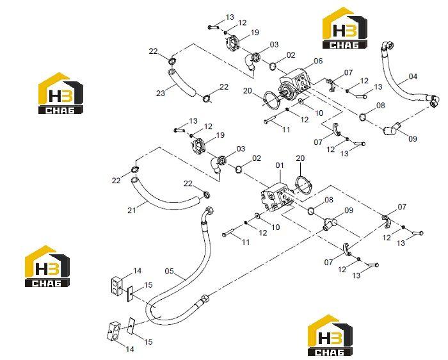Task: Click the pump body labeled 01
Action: pyautogui.click(x=276, y=197)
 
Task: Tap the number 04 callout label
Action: pyautogui.click(x=413, y=76)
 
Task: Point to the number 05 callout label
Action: pyautogui.click(x=169, y=271)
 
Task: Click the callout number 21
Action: pyautogui.click(x=132, y=210)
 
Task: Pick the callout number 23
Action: pyautogui.click(x=161, y=94)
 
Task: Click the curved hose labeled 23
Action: pyautogui.click(x=182, y=83)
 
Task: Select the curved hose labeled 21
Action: pyautogui.click(x=166, y=197)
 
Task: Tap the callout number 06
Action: pyautogui.click(x=318, y=61)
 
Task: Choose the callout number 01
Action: pyautogui.click(x=280, y=165)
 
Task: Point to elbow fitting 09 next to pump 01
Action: pyautogui.click(x=330, y=223)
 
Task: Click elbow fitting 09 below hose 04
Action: pyautogui.click(x=392, y=129)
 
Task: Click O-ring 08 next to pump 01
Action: pyautogui.click(x=311, y=211)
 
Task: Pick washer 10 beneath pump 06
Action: pyautogui.click(x=301, y=101)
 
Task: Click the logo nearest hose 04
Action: pyautogui.click(x=344, y=28)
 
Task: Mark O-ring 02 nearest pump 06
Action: pyautogui.click(x=273, y=67)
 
